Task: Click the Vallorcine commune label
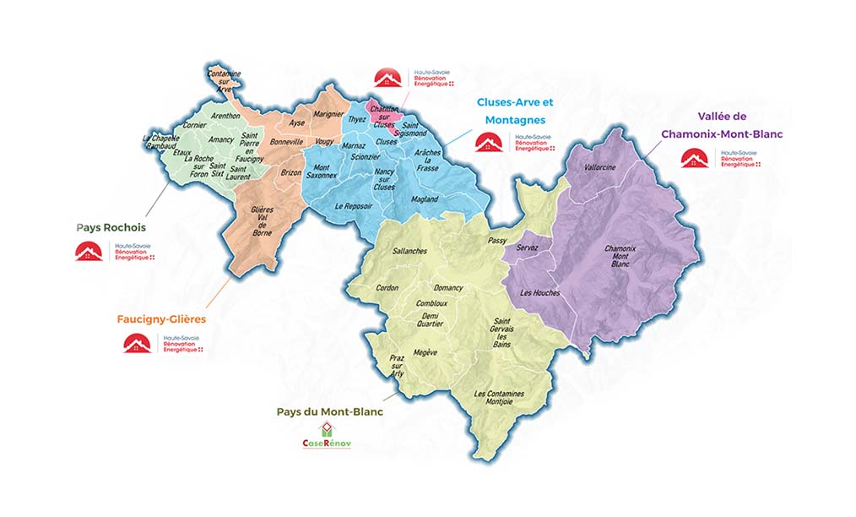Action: [600, 167]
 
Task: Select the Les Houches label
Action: [540, 293]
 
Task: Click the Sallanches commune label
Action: [409, 252]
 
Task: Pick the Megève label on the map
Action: [425, 352]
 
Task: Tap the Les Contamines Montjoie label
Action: [499, 399]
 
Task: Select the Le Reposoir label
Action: [353, 206]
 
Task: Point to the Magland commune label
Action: [425, 199]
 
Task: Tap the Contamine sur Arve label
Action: [224, 81]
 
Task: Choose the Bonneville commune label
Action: [285, 143]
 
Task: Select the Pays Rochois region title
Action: [111, 227]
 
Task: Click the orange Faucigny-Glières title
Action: [161, 320]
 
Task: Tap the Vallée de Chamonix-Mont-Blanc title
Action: [722, 125]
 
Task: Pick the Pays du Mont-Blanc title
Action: [329, 412]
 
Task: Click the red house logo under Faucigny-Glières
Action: [138, 343]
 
